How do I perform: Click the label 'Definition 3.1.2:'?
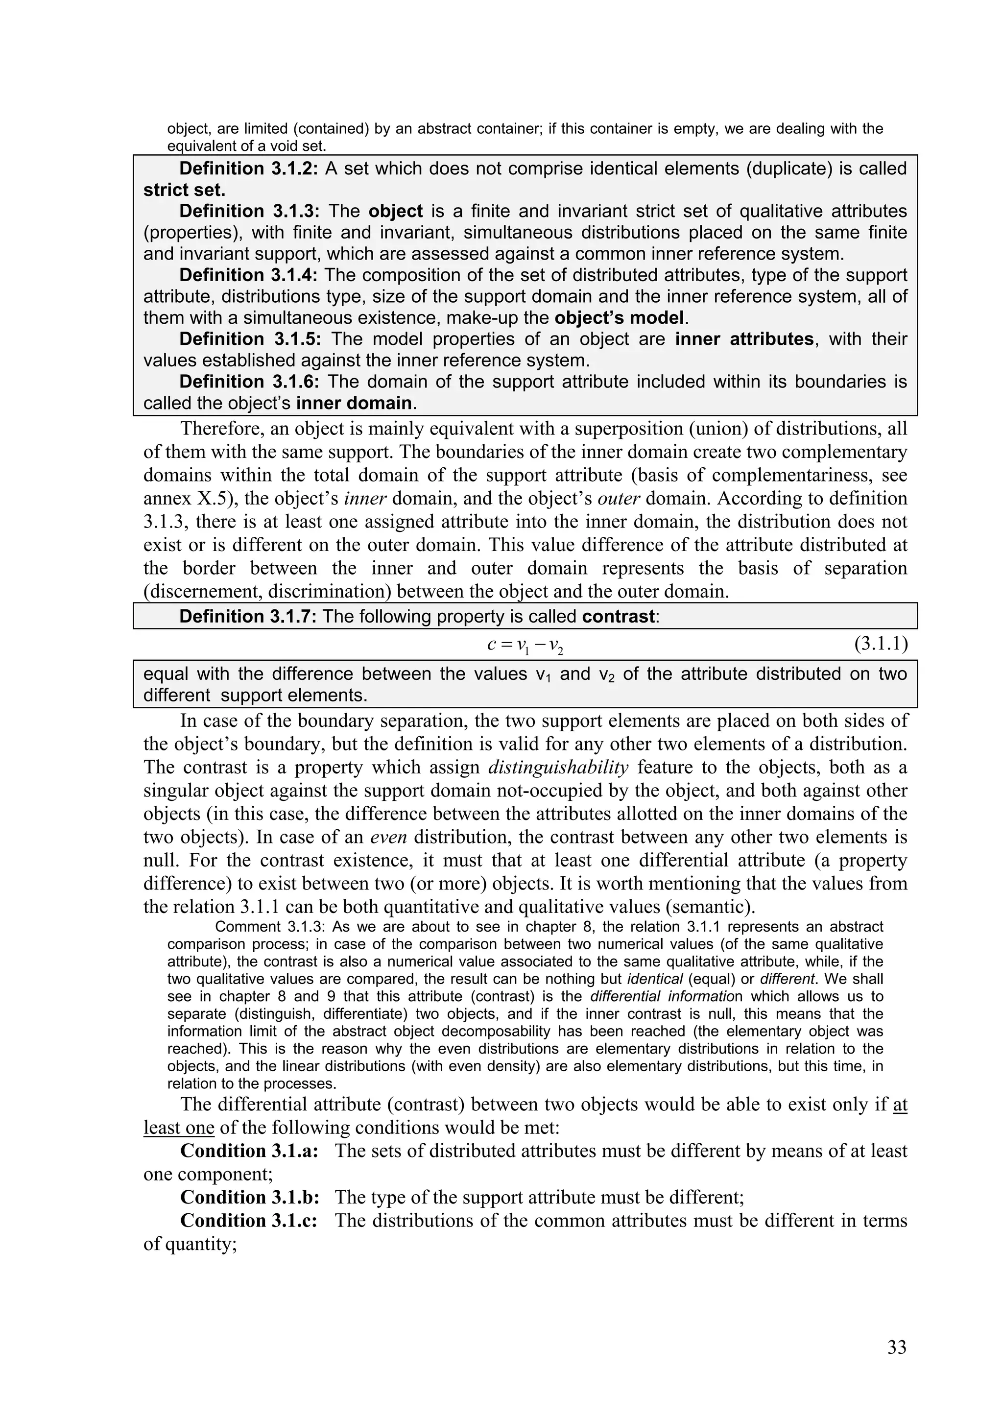[248, 168]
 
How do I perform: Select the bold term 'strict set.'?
[184, 190]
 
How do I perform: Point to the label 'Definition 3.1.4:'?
[248, 275]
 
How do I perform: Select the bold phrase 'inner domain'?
[354, 403]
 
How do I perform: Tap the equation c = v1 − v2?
[525, 645]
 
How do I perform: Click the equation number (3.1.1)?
[881, 645]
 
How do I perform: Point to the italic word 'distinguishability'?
[558, 767]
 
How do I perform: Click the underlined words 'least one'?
[179, 1128]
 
